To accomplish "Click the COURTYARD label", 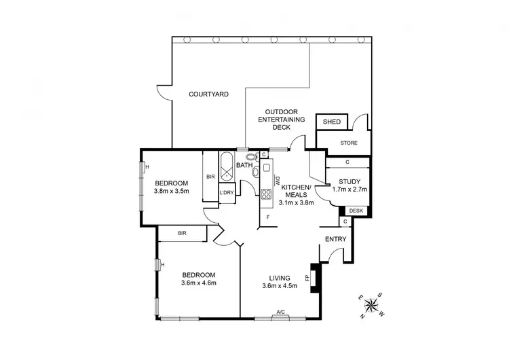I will point(208,94).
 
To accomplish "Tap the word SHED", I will point(331,122).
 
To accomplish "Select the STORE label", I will point(349,143).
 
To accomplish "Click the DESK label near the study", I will point(356,211).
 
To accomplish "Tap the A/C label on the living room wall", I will point(280,313).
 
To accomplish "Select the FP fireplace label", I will point(307,278).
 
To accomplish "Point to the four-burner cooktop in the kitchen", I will point(266,194).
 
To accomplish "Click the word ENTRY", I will point(336,239).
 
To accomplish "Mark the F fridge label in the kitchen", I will point(268,217).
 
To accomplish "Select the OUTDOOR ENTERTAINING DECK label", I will point(281,120).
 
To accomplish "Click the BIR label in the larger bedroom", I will point(182,233).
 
